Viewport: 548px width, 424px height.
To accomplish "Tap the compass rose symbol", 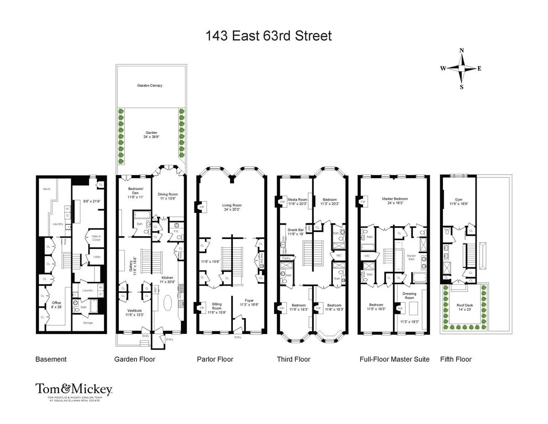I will pyautogui.click(x=461, y=69).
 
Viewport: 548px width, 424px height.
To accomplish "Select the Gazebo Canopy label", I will pyautogui.click(x=150, y=85).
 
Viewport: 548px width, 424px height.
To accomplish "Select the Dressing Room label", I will pyautogui.click(x=409, y=296).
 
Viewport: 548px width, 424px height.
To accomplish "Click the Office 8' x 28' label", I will pyautogui.click(x=56, y=305).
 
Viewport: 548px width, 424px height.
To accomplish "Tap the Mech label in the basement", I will pyautogui.click(x=47, y=189).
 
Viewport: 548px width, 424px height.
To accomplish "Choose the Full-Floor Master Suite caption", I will pyautogui.click(x=395, y=359).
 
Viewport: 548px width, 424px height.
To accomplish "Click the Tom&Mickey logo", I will pyautogui.click(x=74, y=390).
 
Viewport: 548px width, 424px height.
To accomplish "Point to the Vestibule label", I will pyautogui.click(x=135, y=312).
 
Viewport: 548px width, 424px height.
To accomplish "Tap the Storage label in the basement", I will pyautogui.click(x=88, y=323).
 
